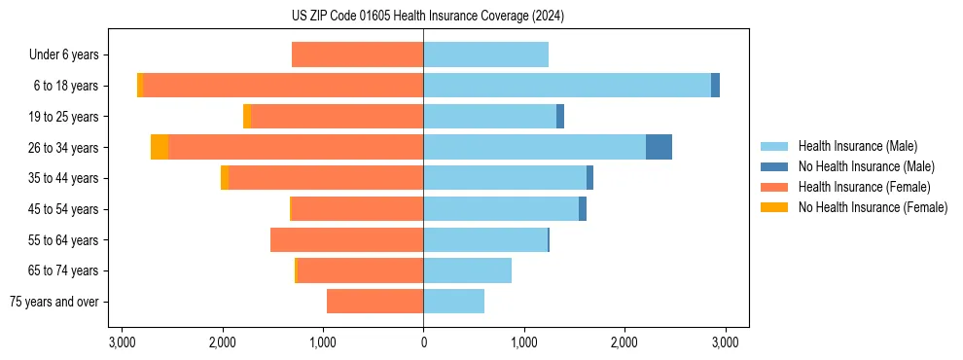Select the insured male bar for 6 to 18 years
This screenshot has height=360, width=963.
click(x=567, y=86)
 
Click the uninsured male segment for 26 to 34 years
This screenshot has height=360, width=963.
click(x=659, y=147)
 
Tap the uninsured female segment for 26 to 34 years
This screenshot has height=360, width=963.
click(x=160, y=147)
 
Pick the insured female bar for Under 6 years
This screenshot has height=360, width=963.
click(x=357, y=54)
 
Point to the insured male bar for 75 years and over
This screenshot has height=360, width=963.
click(x=453, y=302)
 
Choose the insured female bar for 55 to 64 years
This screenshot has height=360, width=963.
click(x=346, y=240)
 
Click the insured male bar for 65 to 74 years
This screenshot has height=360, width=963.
click(x=467, y=270)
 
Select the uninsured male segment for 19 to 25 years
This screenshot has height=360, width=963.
click(x=560, y=117)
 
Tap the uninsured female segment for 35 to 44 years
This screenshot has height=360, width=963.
click(x=225, y=178)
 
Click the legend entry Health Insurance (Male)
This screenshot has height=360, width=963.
click(x=857, y=146)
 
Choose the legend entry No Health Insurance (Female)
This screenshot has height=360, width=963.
click(x=873, y=207)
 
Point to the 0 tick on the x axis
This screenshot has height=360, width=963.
click(x=423, y=342)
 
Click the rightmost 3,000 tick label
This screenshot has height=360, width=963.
click(x=724, y=342)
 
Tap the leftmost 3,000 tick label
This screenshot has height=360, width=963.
click(x=123, y=342)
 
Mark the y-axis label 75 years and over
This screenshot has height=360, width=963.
click(x=54, y=302)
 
